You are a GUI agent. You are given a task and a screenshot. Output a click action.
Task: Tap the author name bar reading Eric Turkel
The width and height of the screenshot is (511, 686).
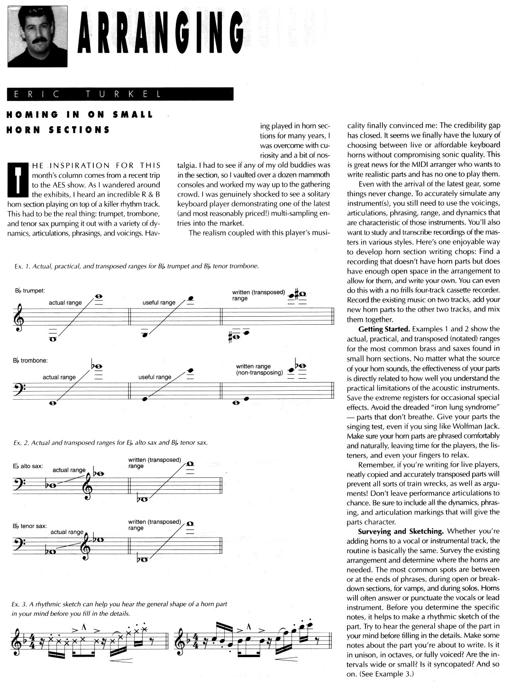tap(120, 94)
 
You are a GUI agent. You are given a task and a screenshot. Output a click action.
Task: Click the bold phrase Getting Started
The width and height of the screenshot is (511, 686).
tap(383, 329)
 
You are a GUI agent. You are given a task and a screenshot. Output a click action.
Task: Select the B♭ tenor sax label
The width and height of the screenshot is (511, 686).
tap(30, 526)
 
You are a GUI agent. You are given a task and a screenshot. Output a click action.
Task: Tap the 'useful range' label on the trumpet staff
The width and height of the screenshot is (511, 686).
tap(159, 302)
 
